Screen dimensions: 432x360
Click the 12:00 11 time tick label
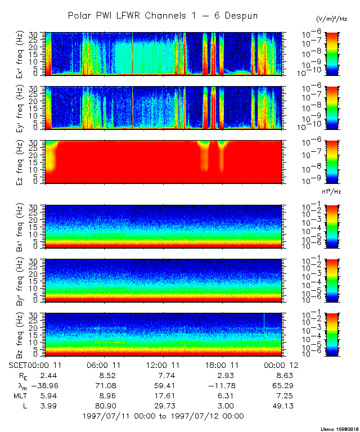[x=164, y=366]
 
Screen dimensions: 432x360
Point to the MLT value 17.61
[x=164, y=396]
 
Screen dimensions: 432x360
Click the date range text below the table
[x=163, y=416]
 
